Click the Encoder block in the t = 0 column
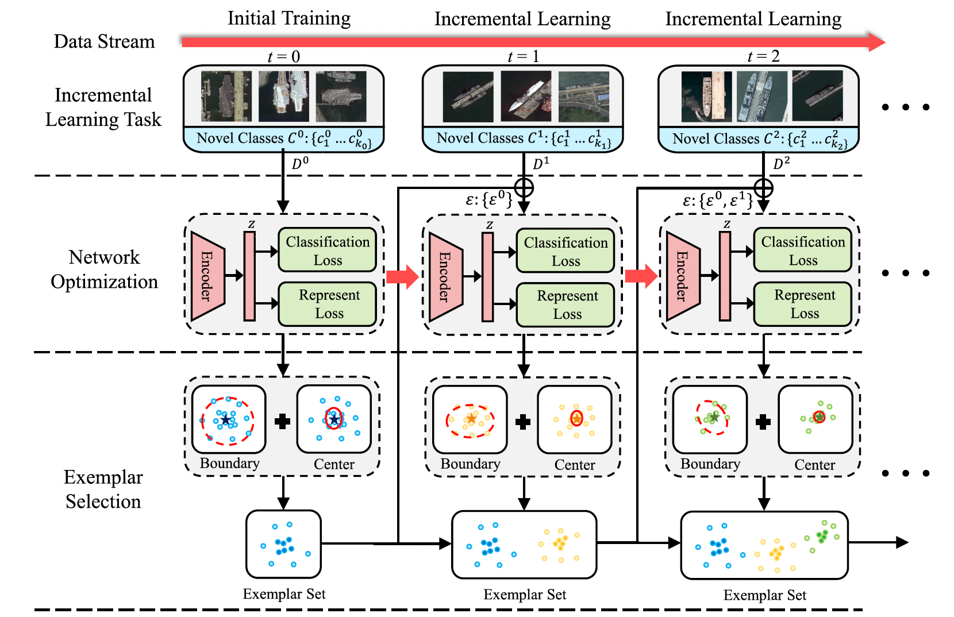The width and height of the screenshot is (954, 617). (x=207, y=276)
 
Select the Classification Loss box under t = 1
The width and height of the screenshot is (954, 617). (x=566, y=251)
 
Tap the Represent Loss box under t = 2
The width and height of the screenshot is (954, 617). (x=803, y=304)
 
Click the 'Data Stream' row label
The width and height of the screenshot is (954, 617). (x=104, y=41)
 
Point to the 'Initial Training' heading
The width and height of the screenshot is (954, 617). (x=288, y=18)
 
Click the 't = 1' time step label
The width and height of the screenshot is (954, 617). (x=523, y=56)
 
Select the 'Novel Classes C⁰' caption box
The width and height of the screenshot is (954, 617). (x=283, y=139)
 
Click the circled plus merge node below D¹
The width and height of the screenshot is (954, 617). (x=524, y=187)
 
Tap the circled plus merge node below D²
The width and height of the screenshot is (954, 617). (x=763, y=187)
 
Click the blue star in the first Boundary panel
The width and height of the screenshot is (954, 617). (x=225, y=420)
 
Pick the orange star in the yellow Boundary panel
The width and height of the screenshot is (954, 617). (x=471, y=418)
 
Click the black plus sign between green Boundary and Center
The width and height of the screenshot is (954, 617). (x=763, y=422)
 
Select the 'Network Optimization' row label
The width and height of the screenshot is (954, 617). (x=104, y=269)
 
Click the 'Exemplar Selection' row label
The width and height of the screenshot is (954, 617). (x=103, y=489)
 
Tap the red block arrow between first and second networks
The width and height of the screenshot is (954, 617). (x=402, y=276)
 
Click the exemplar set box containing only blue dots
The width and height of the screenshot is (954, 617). (x=283, y=543)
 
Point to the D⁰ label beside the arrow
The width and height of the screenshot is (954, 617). (x=300, y=164)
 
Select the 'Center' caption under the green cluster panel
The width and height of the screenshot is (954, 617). (x=814, y=465)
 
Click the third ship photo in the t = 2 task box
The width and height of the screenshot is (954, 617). (x=817, y=96)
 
